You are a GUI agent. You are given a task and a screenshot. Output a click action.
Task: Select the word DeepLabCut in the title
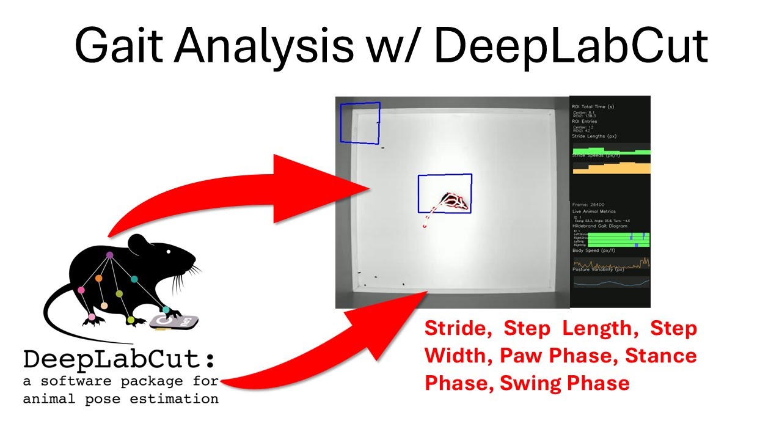[571, 46]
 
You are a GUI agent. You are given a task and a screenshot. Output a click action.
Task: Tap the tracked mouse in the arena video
[455, 201]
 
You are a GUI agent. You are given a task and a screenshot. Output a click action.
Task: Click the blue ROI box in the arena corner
[360, 123]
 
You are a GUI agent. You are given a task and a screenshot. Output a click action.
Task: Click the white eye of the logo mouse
[168, 251]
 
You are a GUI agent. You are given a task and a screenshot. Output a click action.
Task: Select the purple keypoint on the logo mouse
[109, 255]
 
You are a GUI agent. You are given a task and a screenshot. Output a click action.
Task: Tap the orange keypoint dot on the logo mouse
[98, 278]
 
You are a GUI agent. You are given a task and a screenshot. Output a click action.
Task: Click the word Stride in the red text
[458, 329]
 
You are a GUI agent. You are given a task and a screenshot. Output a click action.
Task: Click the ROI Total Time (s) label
[597, 106]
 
